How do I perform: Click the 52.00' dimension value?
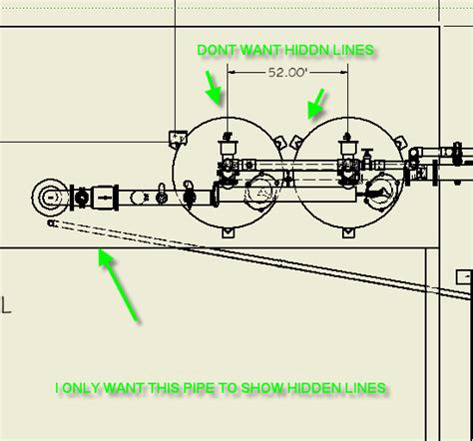(x=287, y=72)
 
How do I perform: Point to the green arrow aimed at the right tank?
(x=316, y=100)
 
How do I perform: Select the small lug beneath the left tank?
(x=229, y=233)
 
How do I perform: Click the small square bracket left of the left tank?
(x=179, y=136)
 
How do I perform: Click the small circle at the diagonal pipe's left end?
(x=51, y=223)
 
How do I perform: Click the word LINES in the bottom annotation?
(x=359, y=386)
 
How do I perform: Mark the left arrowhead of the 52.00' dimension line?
(x=233, y=72)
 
